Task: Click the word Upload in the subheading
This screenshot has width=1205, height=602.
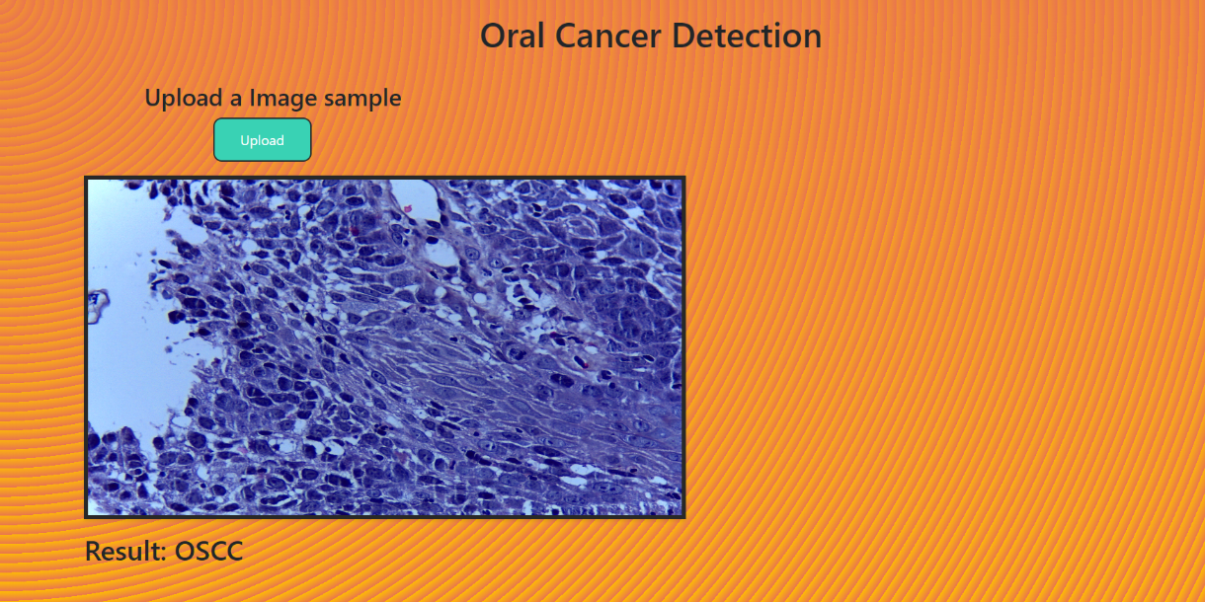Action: pyautogui.click(x=184, y=99)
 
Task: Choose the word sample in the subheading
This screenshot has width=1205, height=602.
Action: pyautogui.click(x=363, y=99)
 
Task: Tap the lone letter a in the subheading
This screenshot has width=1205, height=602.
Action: pyautogui.click(x=236, y=100)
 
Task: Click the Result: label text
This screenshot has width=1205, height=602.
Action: pyautogui.click(x=125, y=551)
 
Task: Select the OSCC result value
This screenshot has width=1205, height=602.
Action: pyautogui.click(x=208, y=551)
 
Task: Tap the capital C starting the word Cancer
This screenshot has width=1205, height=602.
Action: pyautogui.click(x=565, y=37)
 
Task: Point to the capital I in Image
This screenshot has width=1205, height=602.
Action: pyautogui.click(x=253, y=99)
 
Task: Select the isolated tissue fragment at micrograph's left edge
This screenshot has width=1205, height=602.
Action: pyautogui.click(x=97, y=306)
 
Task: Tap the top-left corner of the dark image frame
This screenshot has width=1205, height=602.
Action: pyautogui.click(x=86, y=179)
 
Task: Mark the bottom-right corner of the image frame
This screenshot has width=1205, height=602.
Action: pyautogui.click(x=683, y=516)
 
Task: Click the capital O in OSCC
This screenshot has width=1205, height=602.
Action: pyautogui.click(x=184, y=551)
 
